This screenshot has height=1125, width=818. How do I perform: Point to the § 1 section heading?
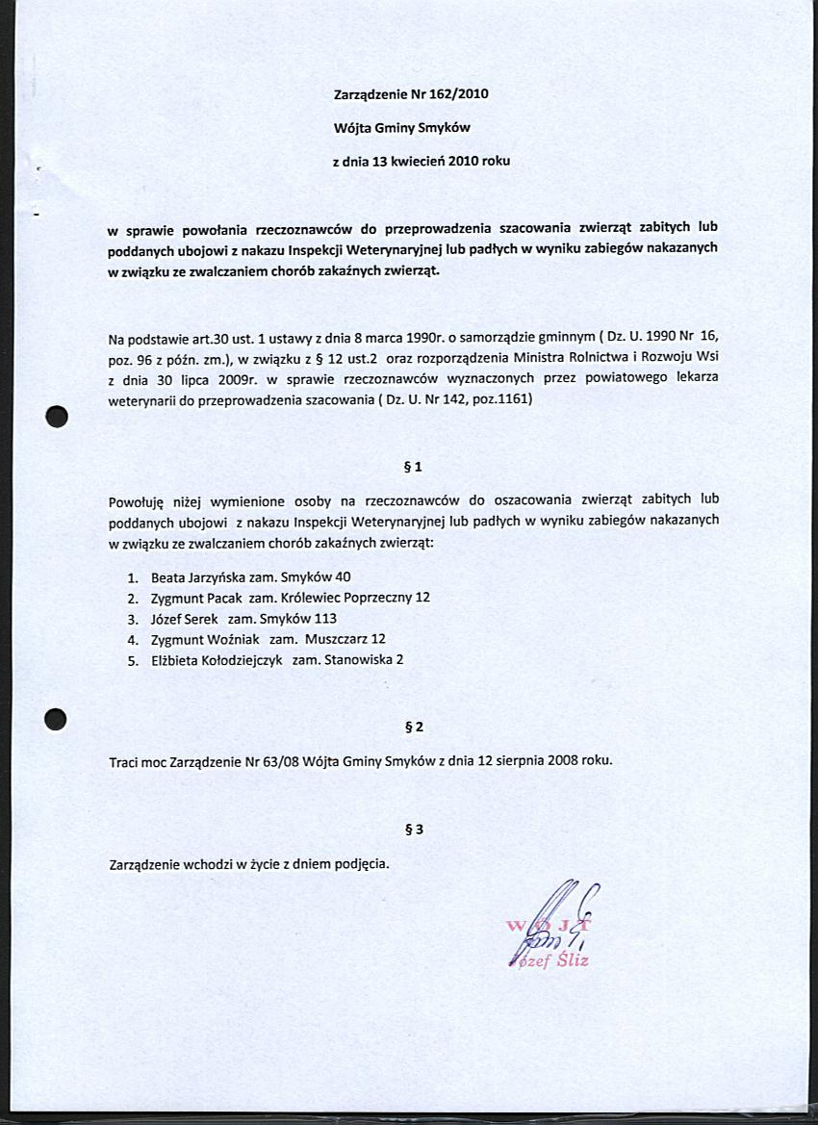pyautogui.click(x=413, y=467)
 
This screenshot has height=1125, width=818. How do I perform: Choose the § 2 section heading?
pyautogui.click(x=413, y=727)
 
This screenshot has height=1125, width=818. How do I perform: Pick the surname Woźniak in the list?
pyautogui.click(x=233, y=639)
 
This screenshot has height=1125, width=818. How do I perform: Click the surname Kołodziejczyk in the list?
pyautogui.click(x=240, y=659)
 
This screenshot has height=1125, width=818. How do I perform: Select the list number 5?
pyautogui.click(x=132, y=659)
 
